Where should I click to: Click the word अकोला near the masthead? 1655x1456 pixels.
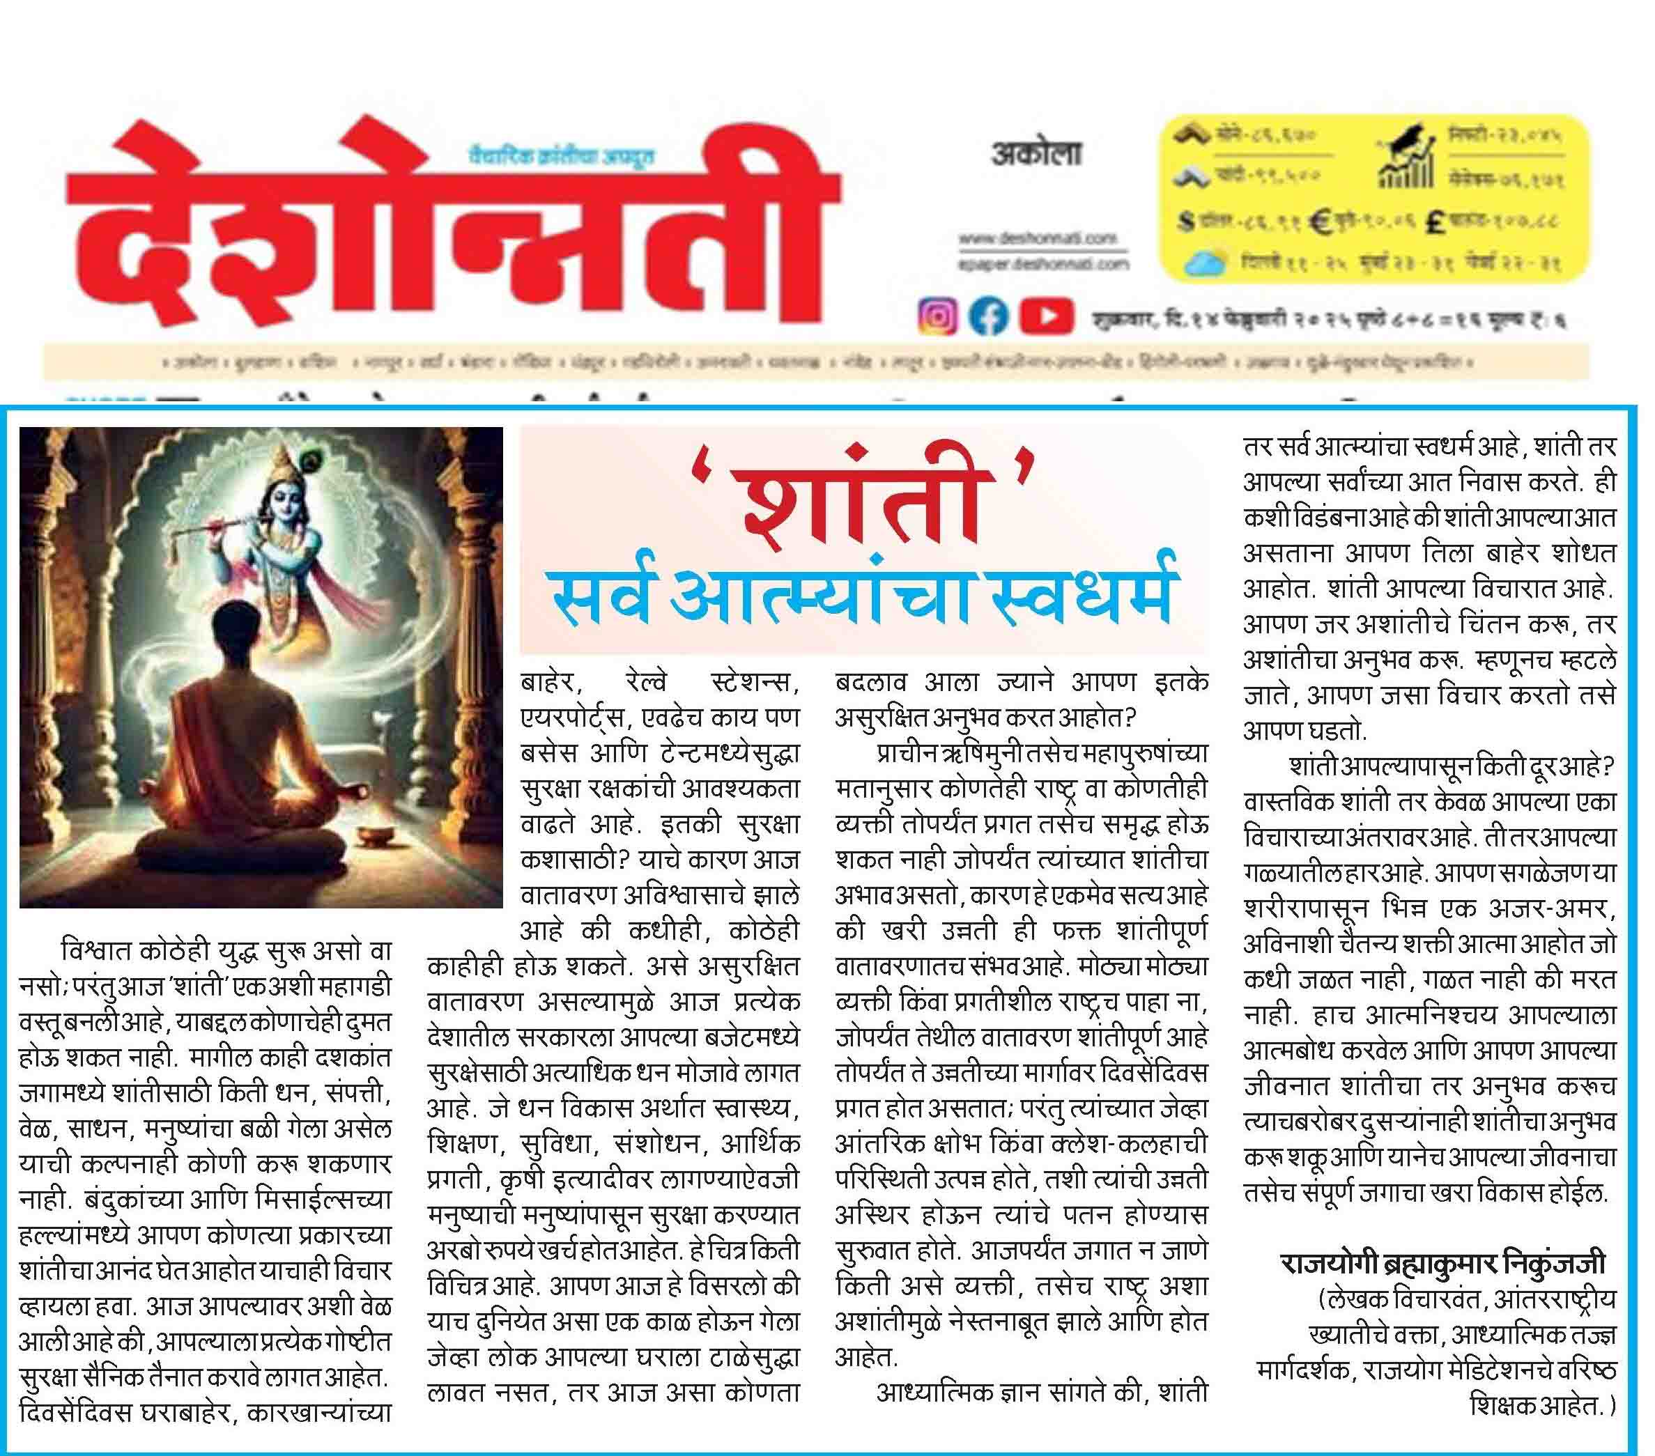[1036, 153]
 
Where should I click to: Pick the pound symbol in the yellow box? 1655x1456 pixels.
[1439, 222]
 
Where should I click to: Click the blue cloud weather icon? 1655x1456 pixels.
[1207, 263]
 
